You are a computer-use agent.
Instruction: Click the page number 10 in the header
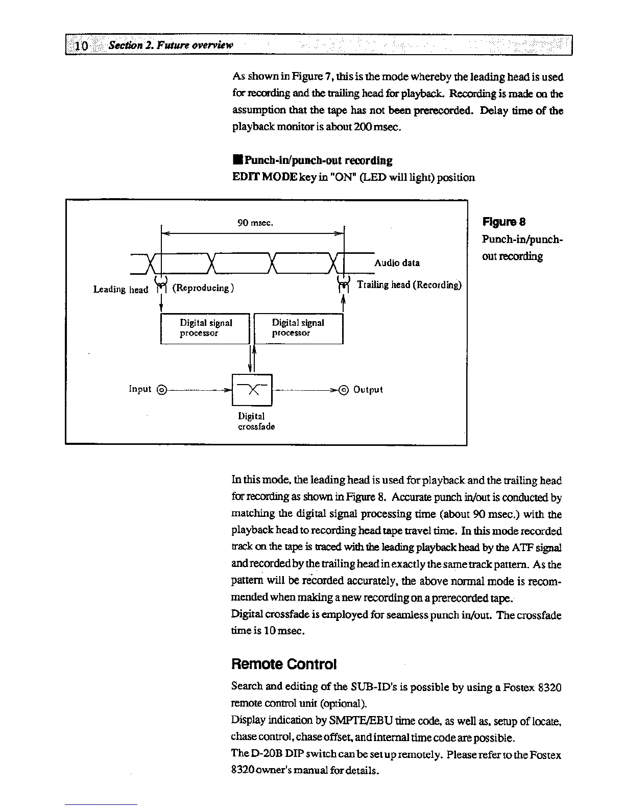point(81,45)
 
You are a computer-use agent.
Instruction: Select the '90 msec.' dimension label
point(255,223)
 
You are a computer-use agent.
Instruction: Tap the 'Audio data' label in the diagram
point(397,263)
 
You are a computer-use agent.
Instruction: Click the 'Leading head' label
point(121,290)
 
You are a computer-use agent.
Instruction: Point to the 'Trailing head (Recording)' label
point(409,285)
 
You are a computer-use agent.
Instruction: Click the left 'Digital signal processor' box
point(205,328)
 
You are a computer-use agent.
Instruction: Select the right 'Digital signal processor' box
point(298,328)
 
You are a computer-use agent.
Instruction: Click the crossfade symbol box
point(252,390)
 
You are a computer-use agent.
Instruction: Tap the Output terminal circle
point(344,390)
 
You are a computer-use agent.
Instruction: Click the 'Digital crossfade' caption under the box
point(256,421)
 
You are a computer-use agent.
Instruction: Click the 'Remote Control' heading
point(284,664)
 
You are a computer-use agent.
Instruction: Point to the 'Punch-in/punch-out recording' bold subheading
point(318,161)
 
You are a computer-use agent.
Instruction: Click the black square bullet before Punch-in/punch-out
point(236,161)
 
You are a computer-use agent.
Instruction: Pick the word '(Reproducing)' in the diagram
point(203,288)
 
